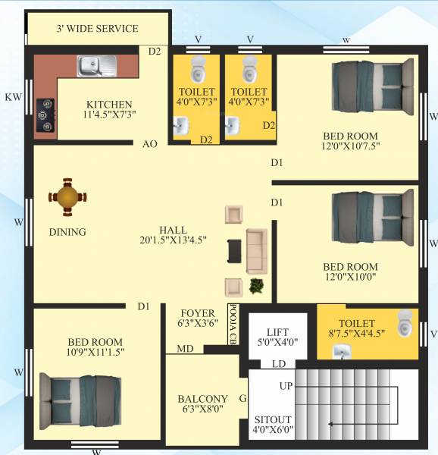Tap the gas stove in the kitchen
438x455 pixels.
click(x=45, y=116)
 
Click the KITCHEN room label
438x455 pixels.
click(x=109, y=105)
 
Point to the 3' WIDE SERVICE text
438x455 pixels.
click(x=97, y=29)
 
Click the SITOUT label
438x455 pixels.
click(x=273, y=419)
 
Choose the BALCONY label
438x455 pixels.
click(x=202, y=399)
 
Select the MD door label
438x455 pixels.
click(x=184, y=349)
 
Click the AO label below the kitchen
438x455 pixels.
click(x=149, y=144)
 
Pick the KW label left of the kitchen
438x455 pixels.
click(x=13, y=97)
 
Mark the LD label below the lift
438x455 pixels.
click(x=278, y=365)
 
